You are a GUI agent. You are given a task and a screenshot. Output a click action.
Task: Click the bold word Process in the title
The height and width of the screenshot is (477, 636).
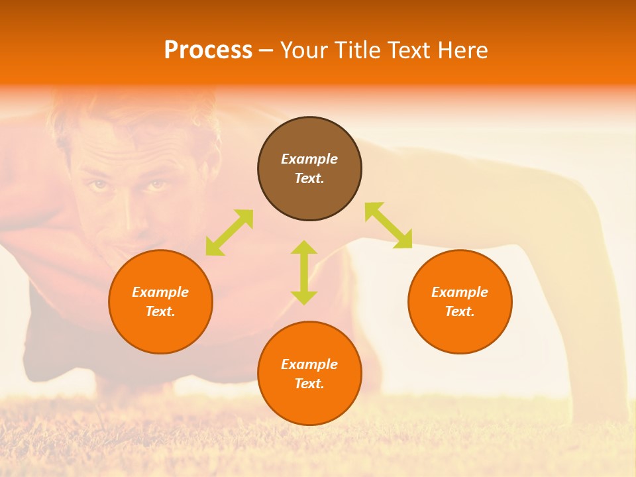[x=208, y=50]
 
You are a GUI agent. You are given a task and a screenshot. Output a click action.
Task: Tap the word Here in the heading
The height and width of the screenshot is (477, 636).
[x=462, y=50]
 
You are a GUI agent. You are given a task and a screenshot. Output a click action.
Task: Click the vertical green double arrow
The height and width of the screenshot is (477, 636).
[x=304, y=272]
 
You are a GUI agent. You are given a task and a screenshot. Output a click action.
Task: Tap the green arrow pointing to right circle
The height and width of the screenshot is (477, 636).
[x=388, y=225]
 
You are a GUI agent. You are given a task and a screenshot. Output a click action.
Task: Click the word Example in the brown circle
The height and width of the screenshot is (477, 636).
[x=309, y=159]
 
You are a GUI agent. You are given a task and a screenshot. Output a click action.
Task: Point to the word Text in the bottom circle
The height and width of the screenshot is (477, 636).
[x=308, y=384]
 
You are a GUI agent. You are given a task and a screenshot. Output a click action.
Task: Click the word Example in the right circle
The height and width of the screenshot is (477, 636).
[x=460, y=292]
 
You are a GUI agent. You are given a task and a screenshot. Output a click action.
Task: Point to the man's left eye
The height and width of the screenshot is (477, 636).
[x=156, y=185]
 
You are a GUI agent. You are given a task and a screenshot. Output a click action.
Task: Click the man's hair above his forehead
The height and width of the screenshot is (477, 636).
[x=132, y=113]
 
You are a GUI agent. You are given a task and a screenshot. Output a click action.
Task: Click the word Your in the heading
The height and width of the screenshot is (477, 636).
[x=304, y=50]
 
